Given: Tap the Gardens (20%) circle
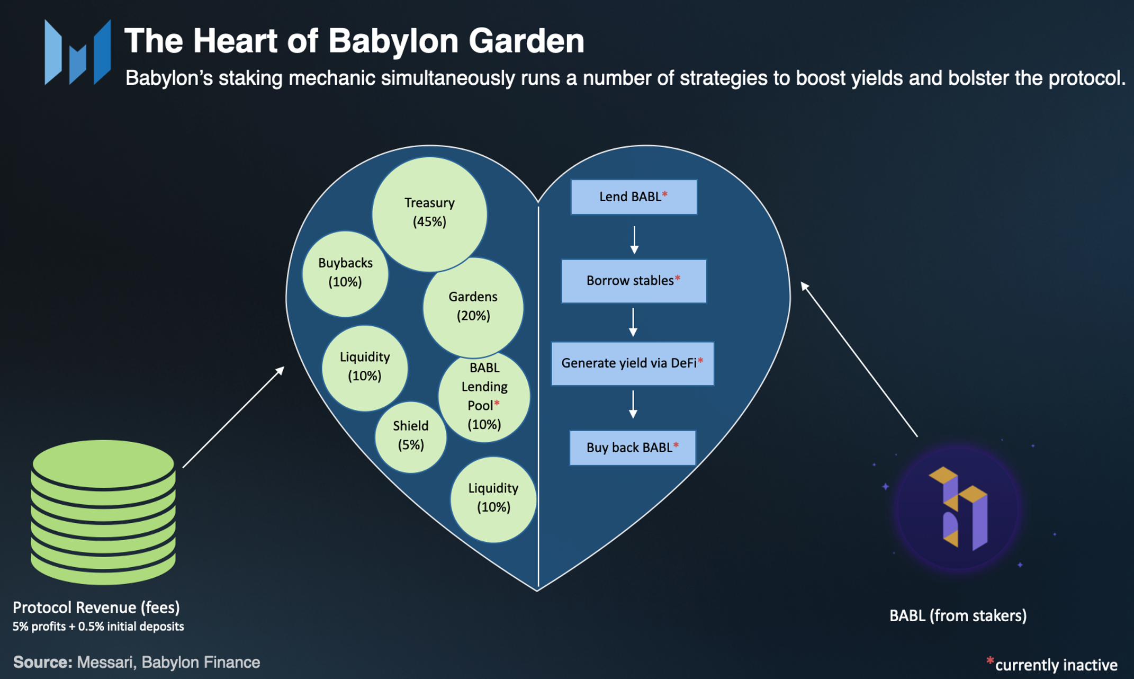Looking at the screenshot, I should tap(473, 307).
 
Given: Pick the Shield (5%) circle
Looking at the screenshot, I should tap(410, 436).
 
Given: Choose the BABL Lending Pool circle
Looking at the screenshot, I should tap(484, 396).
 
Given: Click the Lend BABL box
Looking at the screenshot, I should tap(633, 197).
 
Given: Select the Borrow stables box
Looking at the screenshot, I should tap(633, 281).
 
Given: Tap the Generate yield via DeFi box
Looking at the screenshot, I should tap(632, 363).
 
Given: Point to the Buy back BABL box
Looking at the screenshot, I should tap(632, 448).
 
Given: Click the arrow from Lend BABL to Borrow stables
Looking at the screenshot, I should tap(634, 239).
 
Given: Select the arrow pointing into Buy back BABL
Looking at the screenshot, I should tap(633, 405).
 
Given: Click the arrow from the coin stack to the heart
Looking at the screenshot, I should tap(233, 417).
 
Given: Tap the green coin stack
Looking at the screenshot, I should tap(103, 512).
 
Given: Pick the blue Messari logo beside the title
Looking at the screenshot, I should tap(78, 52).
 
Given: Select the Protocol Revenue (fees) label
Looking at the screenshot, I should tap(96, 607).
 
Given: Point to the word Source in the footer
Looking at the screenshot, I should tap(42, 662).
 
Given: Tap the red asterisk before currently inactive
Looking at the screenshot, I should tap(989, 660).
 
